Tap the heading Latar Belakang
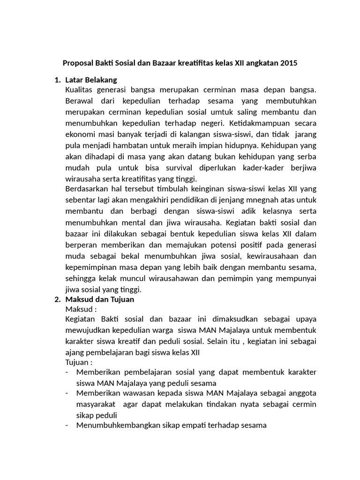[x=91, y=79]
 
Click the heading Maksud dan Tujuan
[x=100, y=299]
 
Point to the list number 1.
[x=57, y=79]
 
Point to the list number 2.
[x=57, y=299]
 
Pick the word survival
[x=171, y=167]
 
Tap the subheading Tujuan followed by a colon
[x=79, y=362]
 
